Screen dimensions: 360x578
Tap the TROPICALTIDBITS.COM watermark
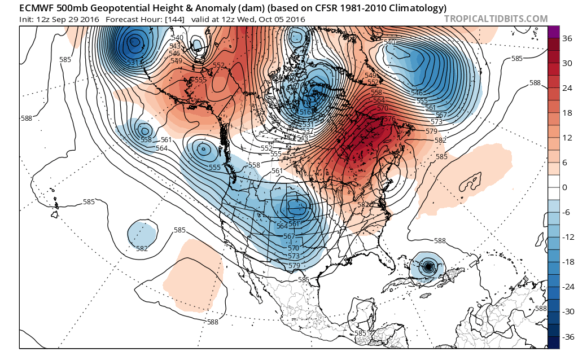point(496,19)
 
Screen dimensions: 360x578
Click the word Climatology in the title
point(417,8)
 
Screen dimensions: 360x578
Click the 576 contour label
point(389,118)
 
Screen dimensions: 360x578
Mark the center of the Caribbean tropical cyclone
point(428,266)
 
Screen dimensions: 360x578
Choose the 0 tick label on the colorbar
point(564,187)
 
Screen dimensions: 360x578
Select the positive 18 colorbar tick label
point(566,113)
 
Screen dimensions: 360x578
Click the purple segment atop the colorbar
point(553,32)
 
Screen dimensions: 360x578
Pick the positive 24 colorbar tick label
point(566,88)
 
